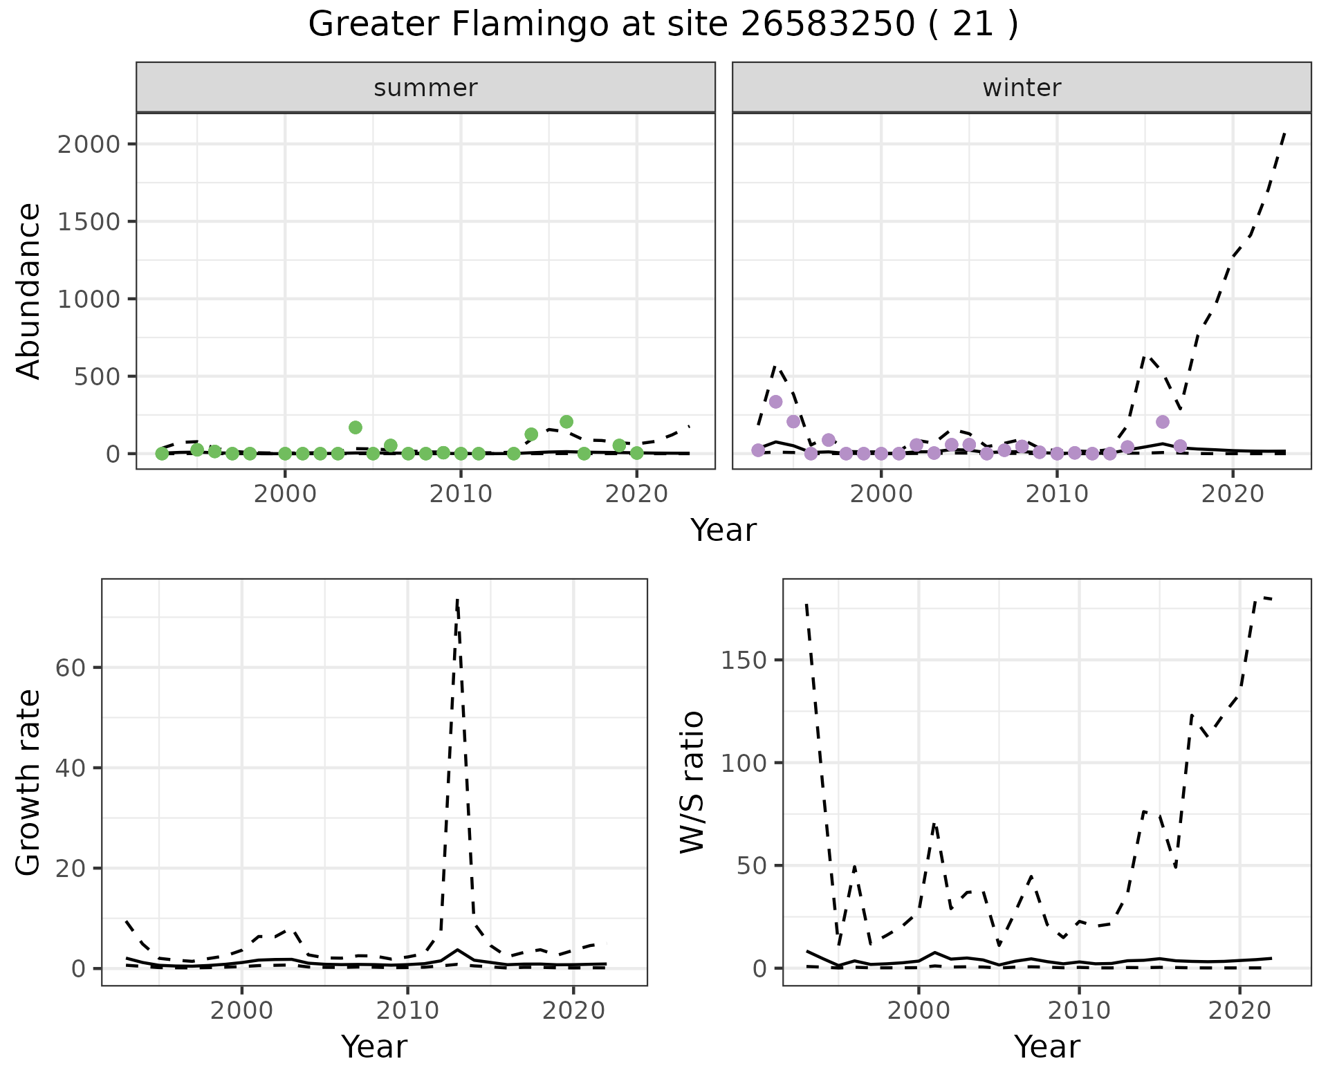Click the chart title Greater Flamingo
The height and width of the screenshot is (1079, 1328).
[663, 25]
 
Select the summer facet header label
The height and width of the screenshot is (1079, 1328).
[425, 88]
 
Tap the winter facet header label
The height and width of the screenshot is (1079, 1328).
[1022, 88]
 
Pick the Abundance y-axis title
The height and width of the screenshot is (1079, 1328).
[29, 290]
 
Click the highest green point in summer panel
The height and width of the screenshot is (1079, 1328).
[566, 422]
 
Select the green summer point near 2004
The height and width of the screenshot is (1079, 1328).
[356, 427]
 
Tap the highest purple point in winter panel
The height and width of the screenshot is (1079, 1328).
[775, 402]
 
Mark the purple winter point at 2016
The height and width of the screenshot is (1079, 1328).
[1163, 422]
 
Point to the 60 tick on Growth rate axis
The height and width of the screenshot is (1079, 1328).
[72, 668]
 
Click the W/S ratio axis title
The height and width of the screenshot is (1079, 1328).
[692, 782]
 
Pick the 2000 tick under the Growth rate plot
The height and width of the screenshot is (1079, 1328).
[241, 1011]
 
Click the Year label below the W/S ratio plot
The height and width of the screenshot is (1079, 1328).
[1046, 1046]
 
